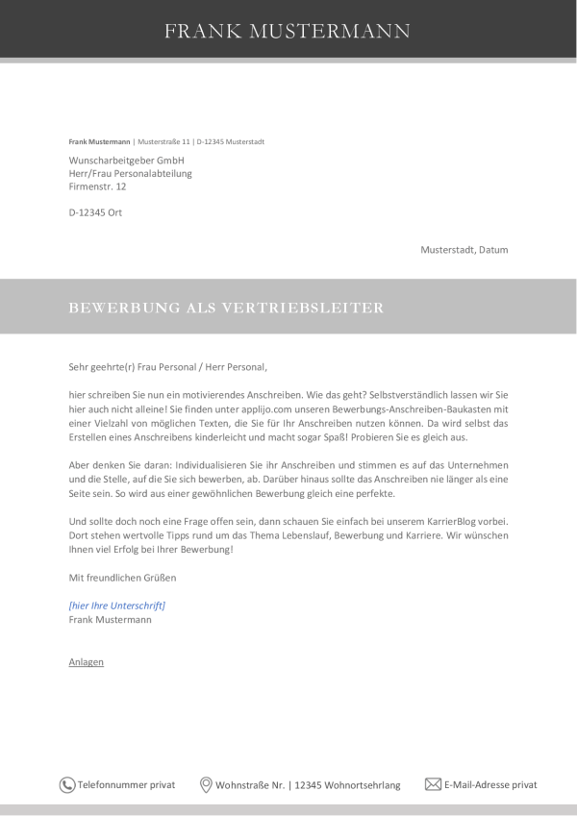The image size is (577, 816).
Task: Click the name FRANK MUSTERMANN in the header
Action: (288, 31)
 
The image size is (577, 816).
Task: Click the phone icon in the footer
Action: (67, 785)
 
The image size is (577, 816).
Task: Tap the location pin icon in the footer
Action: (206, 785)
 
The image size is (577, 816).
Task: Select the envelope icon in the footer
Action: (433, 784)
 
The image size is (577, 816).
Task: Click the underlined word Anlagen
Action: (87, 662)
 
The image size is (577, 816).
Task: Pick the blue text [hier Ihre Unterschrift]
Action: (117, 606)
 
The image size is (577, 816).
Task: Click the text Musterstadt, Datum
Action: (464, 250)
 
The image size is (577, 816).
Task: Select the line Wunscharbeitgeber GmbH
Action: (126, 160)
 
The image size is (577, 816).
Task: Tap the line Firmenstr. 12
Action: (97, 186)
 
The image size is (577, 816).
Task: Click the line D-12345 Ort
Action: (95, 212)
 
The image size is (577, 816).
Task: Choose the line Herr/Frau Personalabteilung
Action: (131, 173)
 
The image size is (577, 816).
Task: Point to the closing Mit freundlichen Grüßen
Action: (122, 578)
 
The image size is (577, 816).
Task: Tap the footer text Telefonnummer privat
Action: (126, 785)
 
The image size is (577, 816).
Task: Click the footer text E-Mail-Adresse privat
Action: (490, 785)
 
